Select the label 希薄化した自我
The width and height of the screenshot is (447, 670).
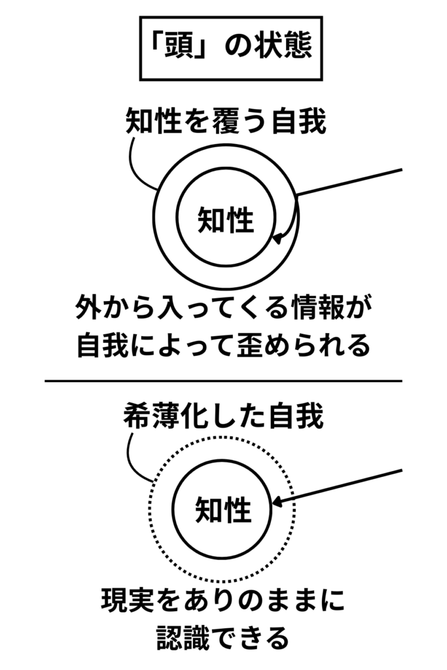point(223,417)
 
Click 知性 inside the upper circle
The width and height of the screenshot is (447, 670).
point(225,219)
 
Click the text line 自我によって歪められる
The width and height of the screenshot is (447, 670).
point(223,345)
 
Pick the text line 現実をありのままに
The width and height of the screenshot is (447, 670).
point(223,601)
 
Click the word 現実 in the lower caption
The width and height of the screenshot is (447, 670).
point(126,601)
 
